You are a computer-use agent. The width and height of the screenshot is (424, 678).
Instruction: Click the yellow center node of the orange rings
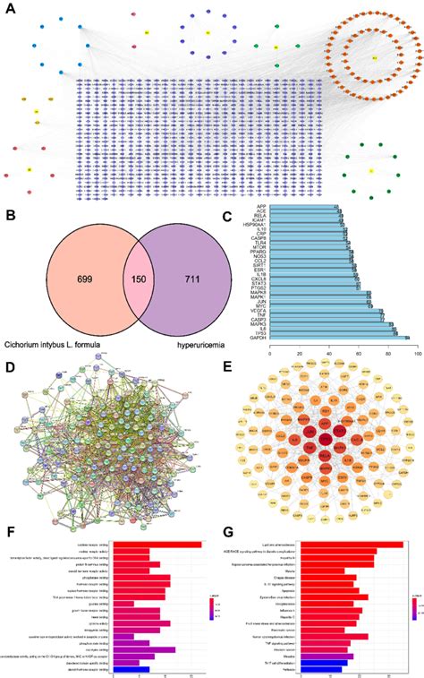[373, 59]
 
